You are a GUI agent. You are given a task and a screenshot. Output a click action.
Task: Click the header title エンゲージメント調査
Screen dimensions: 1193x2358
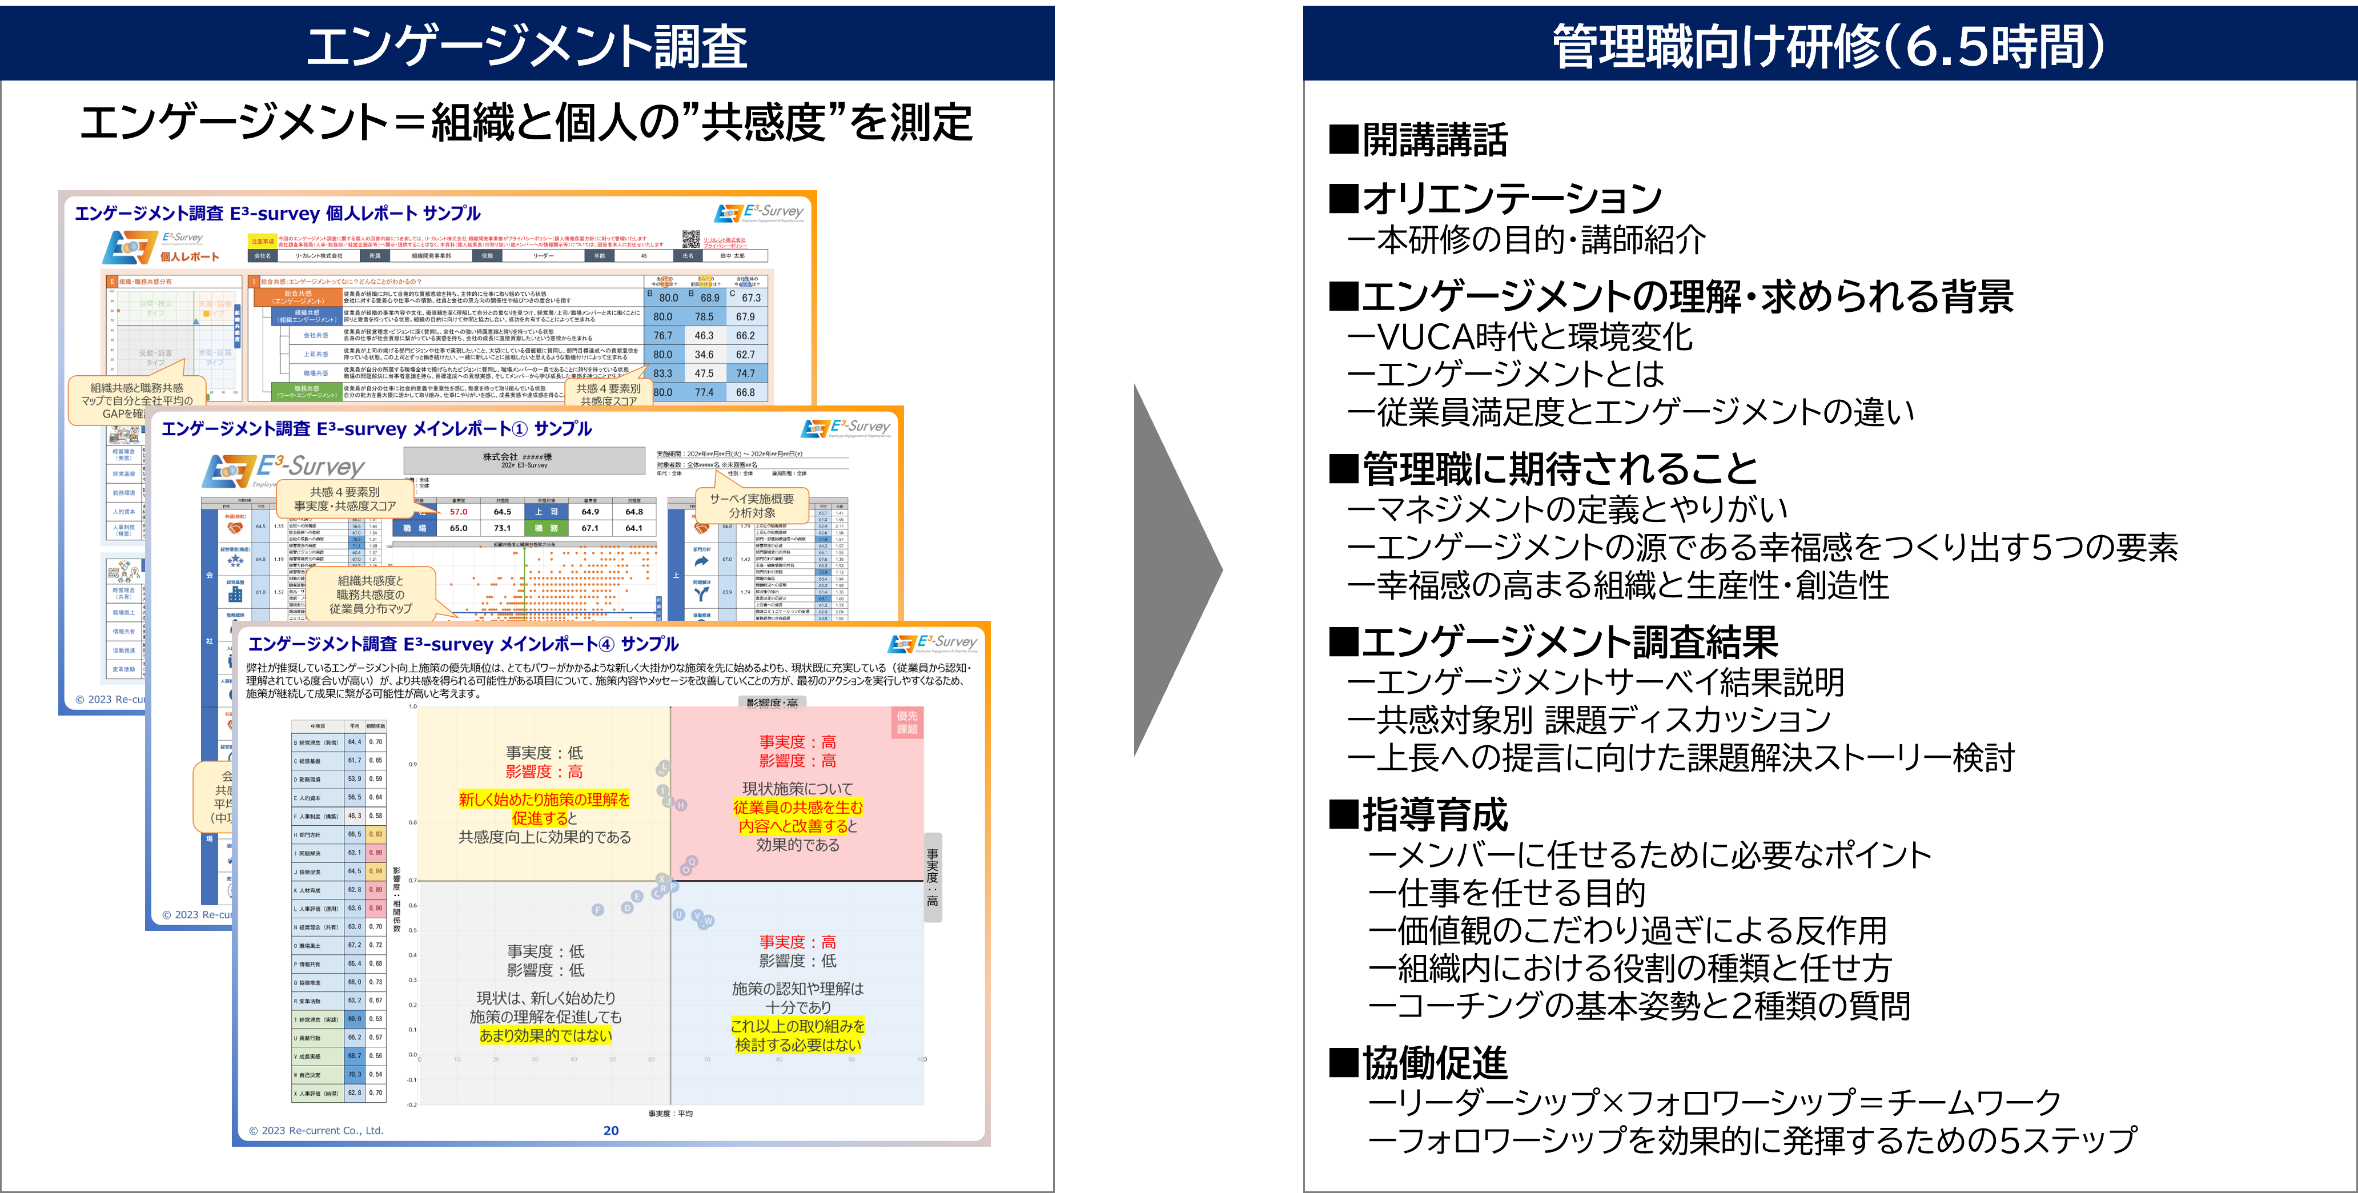pos(527,46)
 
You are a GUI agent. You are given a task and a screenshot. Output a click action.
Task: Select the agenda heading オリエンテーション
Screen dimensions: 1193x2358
pos(1511,198)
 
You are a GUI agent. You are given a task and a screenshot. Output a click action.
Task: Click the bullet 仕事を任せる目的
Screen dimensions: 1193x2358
pos(1520,893)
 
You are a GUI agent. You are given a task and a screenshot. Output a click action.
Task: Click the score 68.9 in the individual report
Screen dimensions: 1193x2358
pos(709,298)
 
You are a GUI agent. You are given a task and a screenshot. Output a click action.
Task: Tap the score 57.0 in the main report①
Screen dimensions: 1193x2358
pos(459,512)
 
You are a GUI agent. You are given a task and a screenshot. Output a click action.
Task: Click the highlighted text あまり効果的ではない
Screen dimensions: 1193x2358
pos(545,1035)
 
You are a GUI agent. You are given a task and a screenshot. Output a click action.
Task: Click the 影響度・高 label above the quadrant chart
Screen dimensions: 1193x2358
pos(772,703)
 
